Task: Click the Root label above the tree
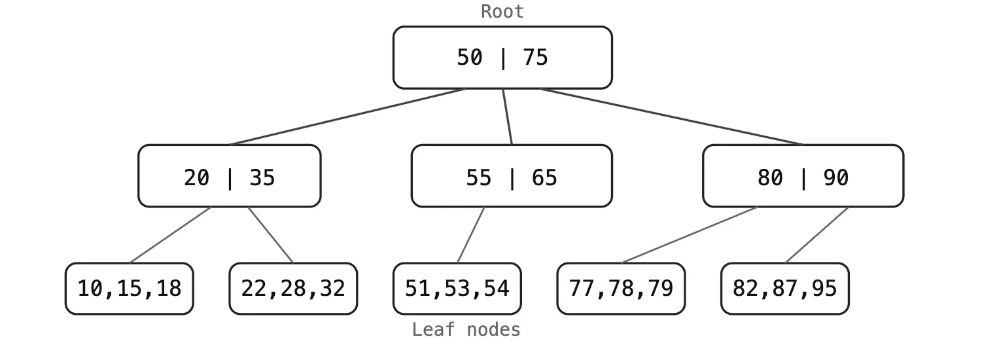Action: click(x=502, y=11)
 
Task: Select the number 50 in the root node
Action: click(x=469, y=58)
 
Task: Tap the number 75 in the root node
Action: click(x=535, y=58)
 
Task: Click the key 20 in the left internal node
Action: click(x=196, y=177)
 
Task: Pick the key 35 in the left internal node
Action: click(x=262, y=177)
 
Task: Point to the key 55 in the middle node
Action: click(x=478, y=177)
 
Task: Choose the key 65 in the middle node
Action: click(x=544, y=177)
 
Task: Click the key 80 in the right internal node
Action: click(x=770, y=177)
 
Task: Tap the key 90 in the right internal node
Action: click(x=835, y=177)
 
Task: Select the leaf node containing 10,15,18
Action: click(x=130, y=289)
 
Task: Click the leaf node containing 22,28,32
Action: click(x=293, y=289)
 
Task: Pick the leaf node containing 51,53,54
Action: click(x=457, y=289)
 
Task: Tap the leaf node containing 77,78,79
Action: click(x=621, y=289)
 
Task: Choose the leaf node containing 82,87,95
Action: click(x=784, y=289)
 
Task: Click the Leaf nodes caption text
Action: click(x=466, y=330)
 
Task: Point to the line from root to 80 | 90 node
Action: click(x=671, y=117)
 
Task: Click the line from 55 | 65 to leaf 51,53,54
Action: click(x=471, y=235)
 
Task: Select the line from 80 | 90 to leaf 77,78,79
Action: click(x=690, y=235)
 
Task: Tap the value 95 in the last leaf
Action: click(x=824, y=289)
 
